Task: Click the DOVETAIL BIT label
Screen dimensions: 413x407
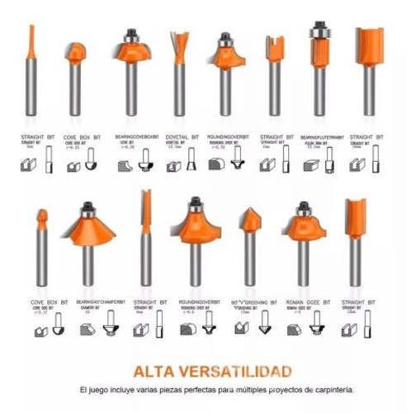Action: click(182, 137)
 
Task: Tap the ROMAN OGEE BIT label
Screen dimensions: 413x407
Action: click(304, 302)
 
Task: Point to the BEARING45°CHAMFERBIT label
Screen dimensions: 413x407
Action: click(101, 302)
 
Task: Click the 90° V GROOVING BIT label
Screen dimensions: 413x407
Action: click(252, 302)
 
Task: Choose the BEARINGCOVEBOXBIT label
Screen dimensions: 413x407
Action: click(135, 137)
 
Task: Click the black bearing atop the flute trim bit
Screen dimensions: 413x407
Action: click(317, 27)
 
